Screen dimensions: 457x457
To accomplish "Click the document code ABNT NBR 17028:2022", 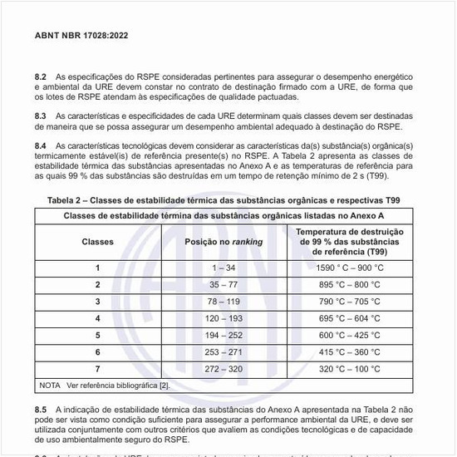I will [x=81, y=36].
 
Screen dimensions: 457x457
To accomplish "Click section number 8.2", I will [x=41, y=76].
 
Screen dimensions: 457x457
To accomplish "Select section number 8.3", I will [x=41, y=115].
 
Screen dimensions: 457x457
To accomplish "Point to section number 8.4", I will [x=41, y=145].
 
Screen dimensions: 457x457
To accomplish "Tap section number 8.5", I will [x=41, y=410].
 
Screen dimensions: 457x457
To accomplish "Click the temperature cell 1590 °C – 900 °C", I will [x=350, y=268].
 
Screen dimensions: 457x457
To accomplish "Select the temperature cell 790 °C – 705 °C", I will [x=350, y=301].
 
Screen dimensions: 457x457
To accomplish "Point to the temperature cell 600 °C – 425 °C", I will [x=350, y=335].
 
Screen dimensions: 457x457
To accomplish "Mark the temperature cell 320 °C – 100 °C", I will [x=350, y=368].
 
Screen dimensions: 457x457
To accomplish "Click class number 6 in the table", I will [x=97, y=351].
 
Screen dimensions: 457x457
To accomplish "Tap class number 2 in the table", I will [x=97, y=284].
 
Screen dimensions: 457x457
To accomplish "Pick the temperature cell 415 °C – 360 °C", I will [x=350, y=351].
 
